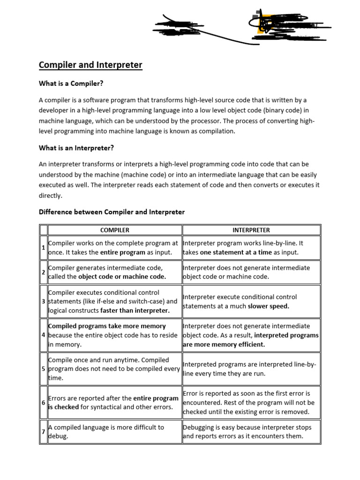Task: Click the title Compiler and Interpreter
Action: (90, 65)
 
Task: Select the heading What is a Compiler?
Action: (70, 83)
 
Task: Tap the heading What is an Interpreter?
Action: (76, 148)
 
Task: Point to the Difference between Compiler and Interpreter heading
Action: (112, 212)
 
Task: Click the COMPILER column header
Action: (115, 230)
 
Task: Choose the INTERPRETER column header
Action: (251, 230)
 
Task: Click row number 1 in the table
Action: (43, 247)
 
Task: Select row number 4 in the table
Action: (43, 335)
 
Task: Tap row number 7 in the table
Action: (43, 432)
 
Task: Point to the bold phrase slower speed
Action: (269, 306)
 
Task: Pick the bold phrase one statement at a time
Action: (236, 252)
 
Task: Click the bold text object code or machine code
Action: (122, 277)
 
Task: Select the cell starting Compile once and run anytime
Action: (115, 369)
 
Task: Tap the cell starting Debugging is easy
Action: (251, 432)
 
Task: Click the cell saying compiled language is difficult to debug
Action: (115, 432)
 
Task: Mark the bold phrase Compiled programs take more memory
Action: (107, 326)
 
